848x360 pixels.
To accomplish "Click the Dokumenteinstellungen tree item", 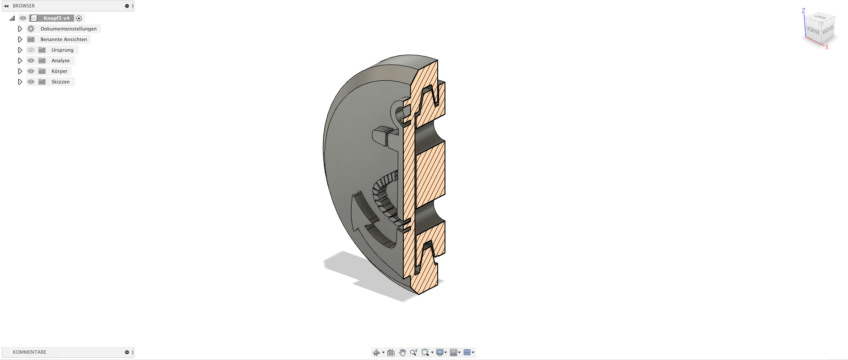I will (x=68, y=29).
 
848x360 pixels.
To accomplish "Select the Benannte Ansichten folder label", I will (x=64, y=39).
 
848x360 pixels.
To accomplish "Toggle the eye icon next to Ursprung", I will (x=31, y=50).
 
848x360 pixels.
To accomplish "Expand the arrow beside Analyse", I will (x=20, y=61).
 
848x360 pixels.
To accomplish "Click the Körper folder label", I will (x=59, y=71).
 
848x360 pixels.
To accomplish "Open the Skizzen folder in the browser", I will (x=60, y=82).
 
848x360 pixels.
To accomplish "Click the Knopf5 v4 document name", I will (x=56, y=18).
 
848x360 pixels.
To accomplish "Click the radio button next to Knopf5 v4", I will (x=79, y=18).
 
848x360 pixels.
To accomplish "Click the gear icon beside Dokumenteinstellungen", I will (x=31, y=29).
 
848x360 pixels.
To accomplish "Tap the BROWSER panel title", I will (x=24, y=6).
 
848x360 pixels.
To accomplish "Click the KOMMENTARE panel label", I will (x=30, y=352).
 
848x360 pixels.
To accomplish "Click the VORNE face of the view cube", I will (x=813, y=30).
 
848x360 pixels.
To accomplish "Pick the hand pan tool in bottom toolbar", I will (x=402, y=352).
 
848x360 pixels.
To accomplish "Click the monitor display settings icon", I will (x=440, y=352).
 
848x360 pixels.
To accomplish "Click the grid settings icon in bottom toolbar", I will (x=454, y=352).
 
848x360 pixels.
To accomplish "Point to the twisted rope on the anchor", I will (x=382, y=194).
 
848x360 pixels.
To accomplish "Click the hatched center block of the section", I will (x=429, y=174).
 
